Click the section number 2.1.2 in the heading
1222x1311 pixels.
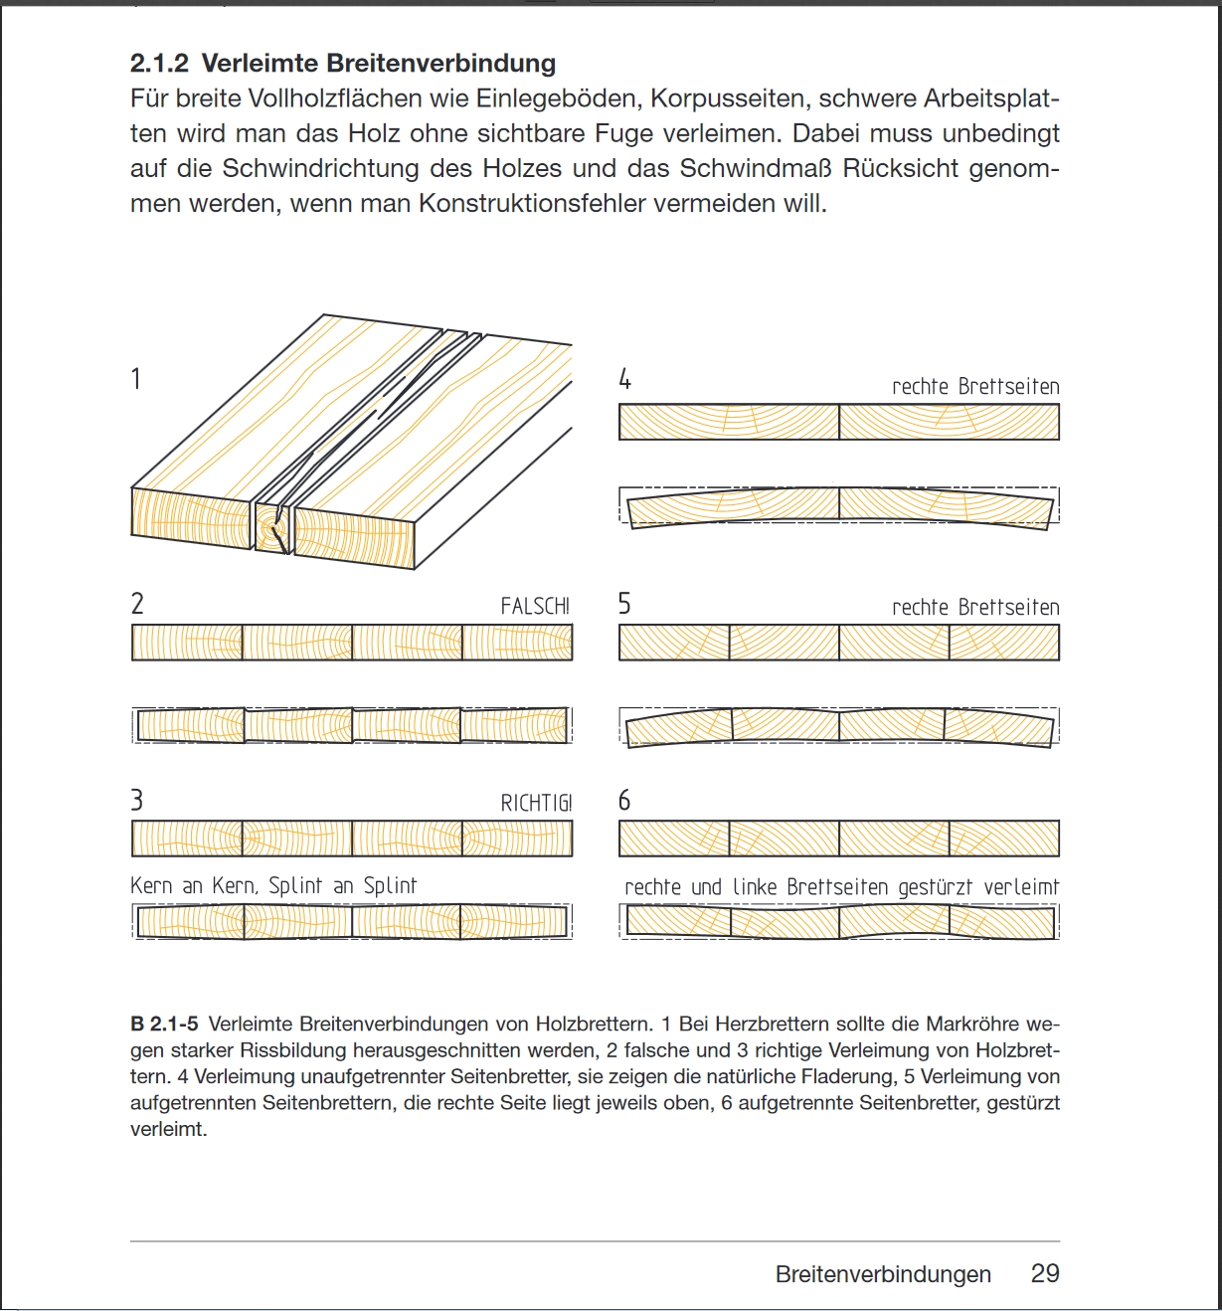coord(159,64)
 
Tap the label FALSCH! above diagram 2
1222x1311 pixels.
coord(535,606)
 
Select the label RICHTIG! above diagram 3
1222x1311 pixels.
coord(536,803)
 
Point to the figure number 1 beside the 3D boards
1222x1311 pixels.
coord(136,379)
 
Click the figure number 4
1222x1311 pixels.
coord(624,379)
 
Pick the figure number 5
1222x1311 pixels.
coord(624,604)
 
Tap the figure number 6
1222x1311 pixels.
coord(624,801)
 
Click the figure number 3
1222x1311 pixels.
coord(137,801)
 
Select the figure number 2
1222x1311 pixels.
coord(137,604)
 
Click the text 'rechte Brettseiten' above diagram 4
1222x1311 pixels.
coord(975,387)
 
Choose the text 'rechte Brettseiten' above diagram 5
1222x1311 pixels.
coord(975,608)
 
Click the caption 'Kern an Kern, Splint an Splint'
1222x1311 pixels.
coord(273,885)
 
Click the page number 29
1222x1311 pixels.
coord(1045,1274)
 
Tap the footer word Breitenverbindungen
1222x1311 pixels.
coord(883,1275)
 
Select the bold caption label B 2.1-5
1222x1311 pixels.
coord(165,1024)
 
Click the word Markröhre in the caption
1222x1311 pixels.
coord(972,1024)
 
